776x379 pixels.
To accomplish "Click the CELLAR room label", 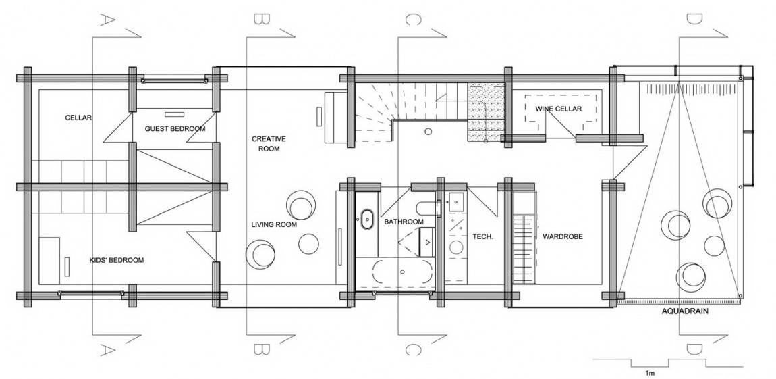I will [x=78, y=117].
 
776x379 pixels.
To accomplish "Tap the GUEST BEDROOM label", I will [x=175, y=128].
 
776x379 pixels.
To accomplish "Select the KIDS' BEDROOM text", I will [x=117, y=260].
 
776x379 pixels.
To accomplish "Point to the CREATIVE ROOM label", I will [x=269, y=143].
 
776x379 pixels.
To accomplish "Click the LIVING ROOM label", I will [x=274, y=225].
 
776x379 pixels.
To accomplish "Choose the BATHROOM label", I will [x=404, y=222].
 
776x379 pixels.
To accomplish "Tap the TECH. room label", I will [x=482, y=236].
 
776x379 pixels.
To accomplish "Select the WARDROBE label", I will [x=561, y=236].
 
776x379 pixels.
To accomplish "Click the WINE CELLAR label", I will [x=557, y=109].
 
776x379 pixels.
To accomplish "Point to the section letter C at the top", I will [x=410, y=18].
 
